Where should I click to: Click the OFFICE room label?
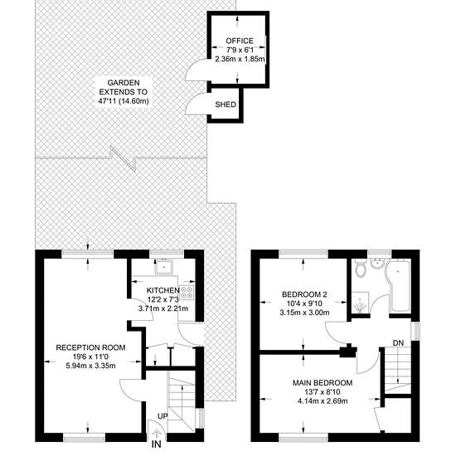click(240, 41)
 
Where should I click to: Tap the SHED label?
click(226, 104)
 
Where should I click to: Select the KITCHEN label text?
click(163, 290)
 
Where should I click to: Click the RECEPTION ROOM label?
click(90, 347)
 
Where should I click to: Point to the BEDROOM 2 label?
click(304, 294)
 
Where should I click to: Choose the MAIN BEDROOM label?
click(323, 383)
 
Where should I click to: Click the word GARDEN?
click(124, 83)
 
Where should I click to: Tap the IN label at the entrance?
click(157, 444)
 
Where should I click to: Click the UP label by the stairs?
click(163, 416)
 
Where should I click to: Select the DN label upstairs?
click(399, 343)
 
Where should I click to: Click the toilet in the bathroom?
click(361, 269)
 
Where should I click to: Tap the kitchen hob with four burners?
click(187, 293)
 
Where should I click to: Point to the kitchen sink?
click(163, 267)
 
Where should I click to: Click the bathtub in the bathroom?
click(399, 285)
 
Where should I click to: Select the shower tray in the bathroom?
click(361, 303)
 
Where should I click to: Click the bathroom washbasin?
click(377, 264)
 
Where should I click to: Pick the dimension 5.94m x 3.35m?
click(90, 366)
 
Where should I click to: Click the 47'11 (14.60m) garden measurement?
click(124, 101)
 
